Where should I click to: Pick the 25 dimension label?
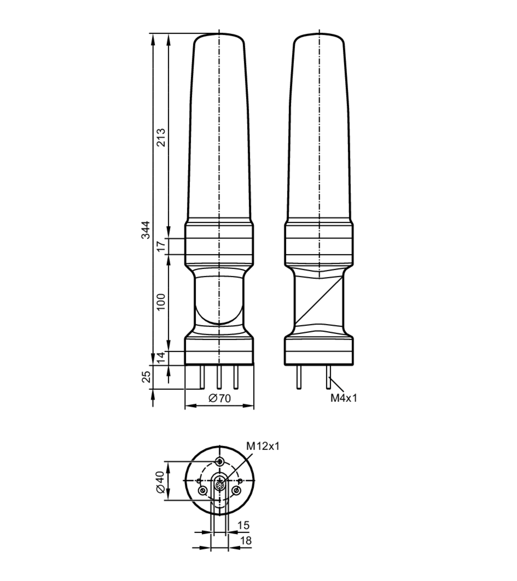click(x=146, y=377)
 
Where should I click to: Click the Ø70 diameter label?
click(x=219, y=398)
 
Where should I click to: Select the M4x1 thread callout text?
click(x=344, y=398)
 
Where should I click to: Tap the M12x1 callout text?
click(x=263, y=446)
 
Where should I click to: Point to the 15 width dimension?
click(x=243, y=525)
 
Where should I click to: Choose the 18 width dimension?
click(x=246, y=540)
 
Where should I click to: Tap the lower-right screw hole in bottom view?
click(x=236, y=490)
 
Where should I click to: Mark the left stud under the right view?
click(x=299, y=377)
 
